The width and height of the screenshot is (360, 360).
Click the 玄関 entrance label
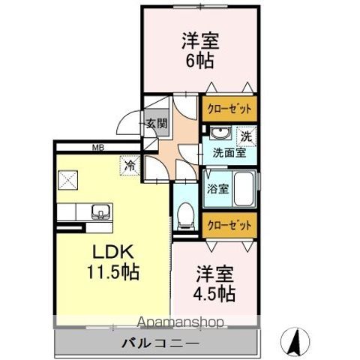[157, 124]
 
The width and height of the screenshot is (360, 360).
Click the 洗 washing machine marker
[245, 136]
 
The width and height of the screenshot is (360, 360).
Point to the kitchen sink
[99, 211]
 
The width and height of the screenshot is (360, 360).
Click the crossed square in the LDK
[68, 180]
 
